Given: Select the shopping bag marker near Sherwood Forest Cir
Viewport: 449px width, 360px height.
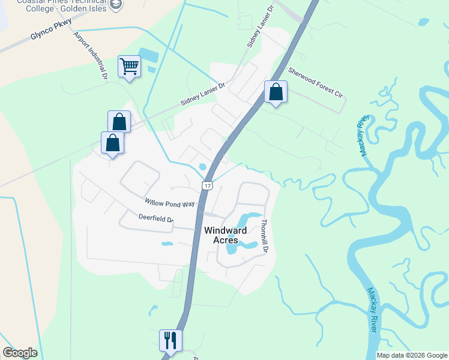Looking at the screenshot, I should coord(276,93).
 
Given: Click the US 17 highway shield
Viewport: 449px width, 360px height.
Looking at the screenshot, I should coord(207,185).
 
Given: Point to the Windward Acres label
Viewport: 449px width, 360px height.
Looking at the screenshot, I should coord(226,235).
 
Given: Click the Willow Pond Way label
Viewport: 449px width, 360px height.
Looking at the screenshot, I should coord(170,203).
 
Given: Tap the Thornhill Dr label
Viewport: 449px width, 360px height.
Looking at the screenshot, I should coord(264,235).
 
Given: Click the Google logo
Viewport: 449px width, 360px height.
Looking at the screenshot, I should coord(20,353).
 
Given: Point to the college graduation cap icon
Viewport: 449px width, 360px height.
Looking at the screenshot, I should coord(116,5).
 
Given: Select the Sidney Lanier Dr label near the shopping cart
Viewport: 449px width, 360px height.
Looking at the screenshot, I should coord(202,95).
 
